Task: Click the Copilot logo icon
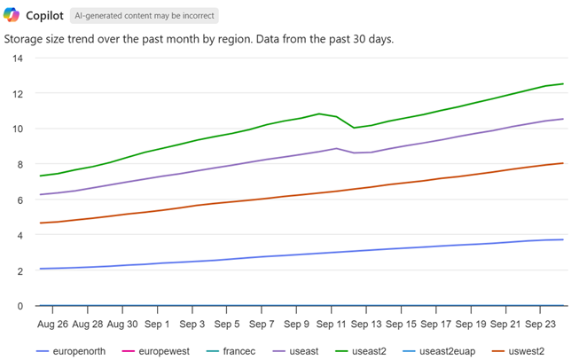click(13, 16)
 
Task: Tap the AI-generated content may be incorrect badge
click(144, 16)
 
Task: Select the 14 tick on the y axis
click(18, 58)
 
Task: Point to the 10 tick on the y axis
click(18, 129)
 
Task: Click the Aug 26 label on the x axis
click(53, 324)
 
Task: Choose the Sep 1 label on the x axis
click(157, 324)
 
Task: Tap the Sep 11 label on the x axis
click(331, 324)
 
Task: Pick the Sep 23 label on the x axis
click(539, 324)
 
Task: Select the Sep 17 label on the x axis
click(434, 324)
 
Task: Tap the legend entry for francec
click(235, 351)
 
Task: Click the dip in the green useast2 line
click(355, 128)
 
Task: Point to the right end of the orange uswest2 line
click(563, 163)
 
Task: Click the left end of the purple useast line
click(42, 194)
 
